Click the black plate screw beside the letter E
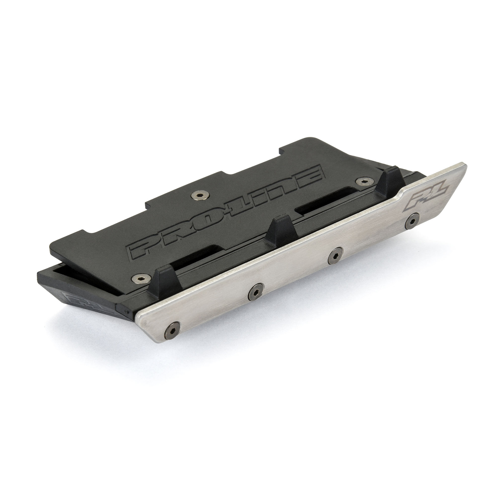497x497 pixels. point(364,182)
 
